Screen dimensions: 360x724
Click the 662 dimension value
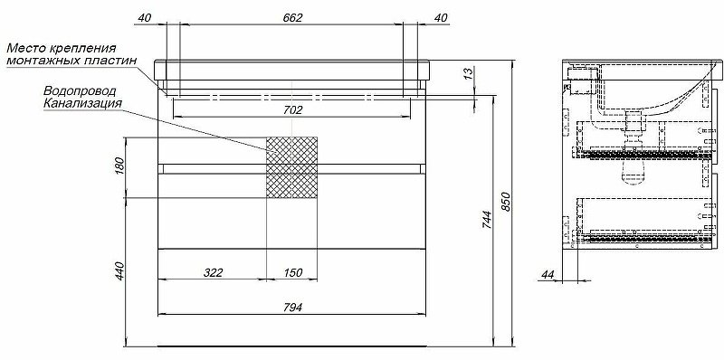[292, 16]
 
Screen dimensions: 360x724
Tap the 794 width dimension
[292, 308]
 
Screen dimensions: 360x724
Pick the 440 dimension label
[118, 272]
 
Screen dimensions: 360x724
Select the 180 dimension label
[118, 166]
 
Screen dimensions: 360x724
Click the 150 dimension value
[292, 273]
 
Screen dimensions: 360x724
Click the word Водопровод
[74, 92]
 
